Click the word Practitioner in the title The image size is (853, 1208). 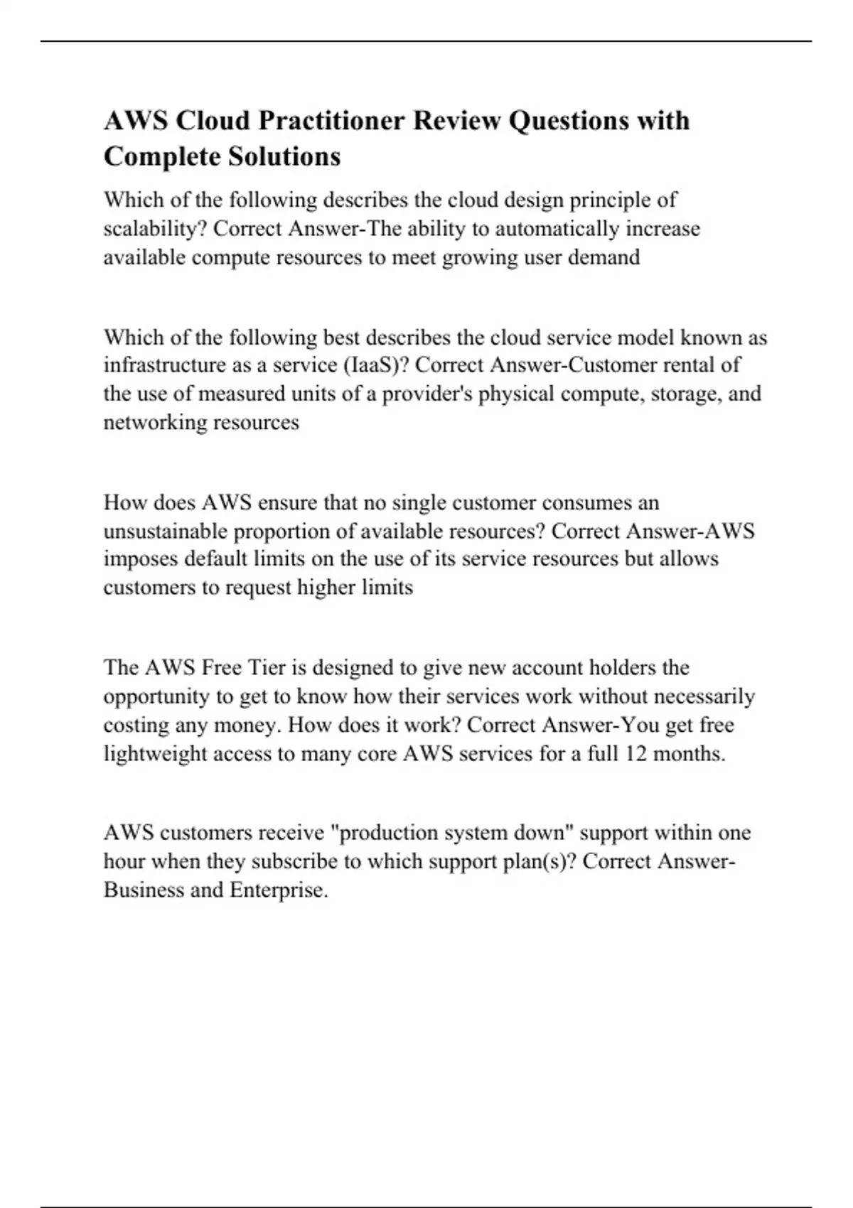pos(331,121)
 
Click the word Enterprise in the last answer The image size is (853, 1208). pos(278,890)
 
